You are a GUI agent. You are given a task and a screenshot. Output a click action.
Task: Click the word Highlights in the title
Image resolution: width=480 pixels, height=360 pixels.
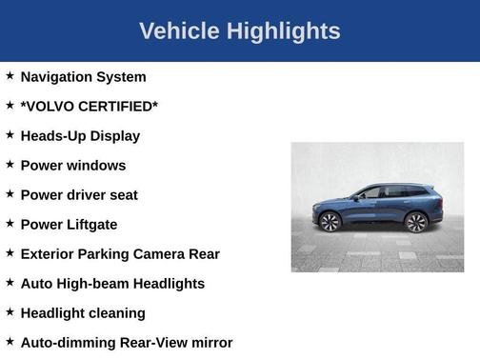(x=282, y=31)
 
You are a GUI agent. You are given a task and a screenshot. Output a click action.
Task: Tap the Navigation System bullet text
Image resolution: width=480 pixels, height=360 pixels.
(x=83, y=77)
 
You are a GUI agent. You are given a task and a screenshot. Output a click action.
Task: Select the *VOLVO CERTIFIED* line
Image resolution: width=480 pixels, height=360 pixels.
(x=89, y=107)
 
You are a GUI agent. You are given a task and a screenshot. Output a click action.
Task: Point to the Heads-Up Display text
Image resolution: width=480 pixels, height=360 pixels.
(x=80, y=136)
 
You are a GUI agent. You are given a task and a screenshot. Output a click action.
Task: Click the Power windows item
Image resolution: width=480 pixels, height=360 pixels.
(x=72, y=166)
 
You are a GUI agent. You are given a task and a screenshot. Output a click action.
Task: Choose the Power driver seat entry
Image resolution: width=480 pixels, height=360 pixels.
(x=79, y=195)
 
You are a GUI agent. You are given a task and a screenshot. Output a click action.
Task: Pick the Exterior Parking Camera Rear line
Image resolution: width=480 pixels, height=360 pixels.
(x=120, y=254)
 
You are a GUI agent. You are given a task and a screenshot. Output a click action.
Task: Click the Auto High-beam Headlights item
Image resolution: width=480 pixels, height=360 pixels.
(x=112, y=284)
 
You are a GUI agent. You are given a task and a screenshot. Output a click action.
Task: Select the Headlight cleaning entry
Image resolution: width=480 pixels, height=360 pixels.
(x=83, y=313)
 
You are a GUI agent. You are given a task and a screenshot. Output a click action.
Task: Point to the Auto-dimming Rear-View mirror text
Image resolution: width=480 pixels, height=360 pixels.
(x=126, y=343)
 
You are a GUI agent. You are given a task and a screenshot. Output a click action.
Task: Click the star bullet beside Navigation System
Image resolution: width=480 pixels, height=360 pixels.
(x=10, y=75)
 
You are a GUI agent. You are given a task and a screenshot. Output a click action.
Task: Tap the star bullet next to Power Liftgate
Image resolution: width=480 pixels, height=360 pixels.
(x=10, y=223)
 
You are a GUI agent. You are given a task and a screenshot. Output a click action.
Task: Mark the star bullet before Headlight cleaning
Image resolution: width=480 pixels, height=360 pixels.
(x=10, y=311)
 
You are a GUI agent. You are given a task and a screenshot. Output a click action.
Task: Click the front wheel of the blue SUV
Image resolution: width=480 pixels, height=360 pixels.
(x=330, y=222)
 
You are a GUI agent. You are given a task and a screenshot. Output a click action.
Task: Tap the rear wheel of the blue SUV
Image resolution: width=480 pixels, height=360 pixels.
(x=415, y=222)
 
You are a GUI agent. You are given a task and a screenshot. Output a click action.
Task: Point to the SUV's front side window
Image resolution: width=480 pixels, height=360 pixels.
(x=372, y=193)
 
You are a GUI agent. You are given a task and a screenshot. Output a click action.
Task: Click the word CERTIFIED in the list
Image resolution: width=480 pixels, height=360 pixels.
(x=118, y=107)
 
